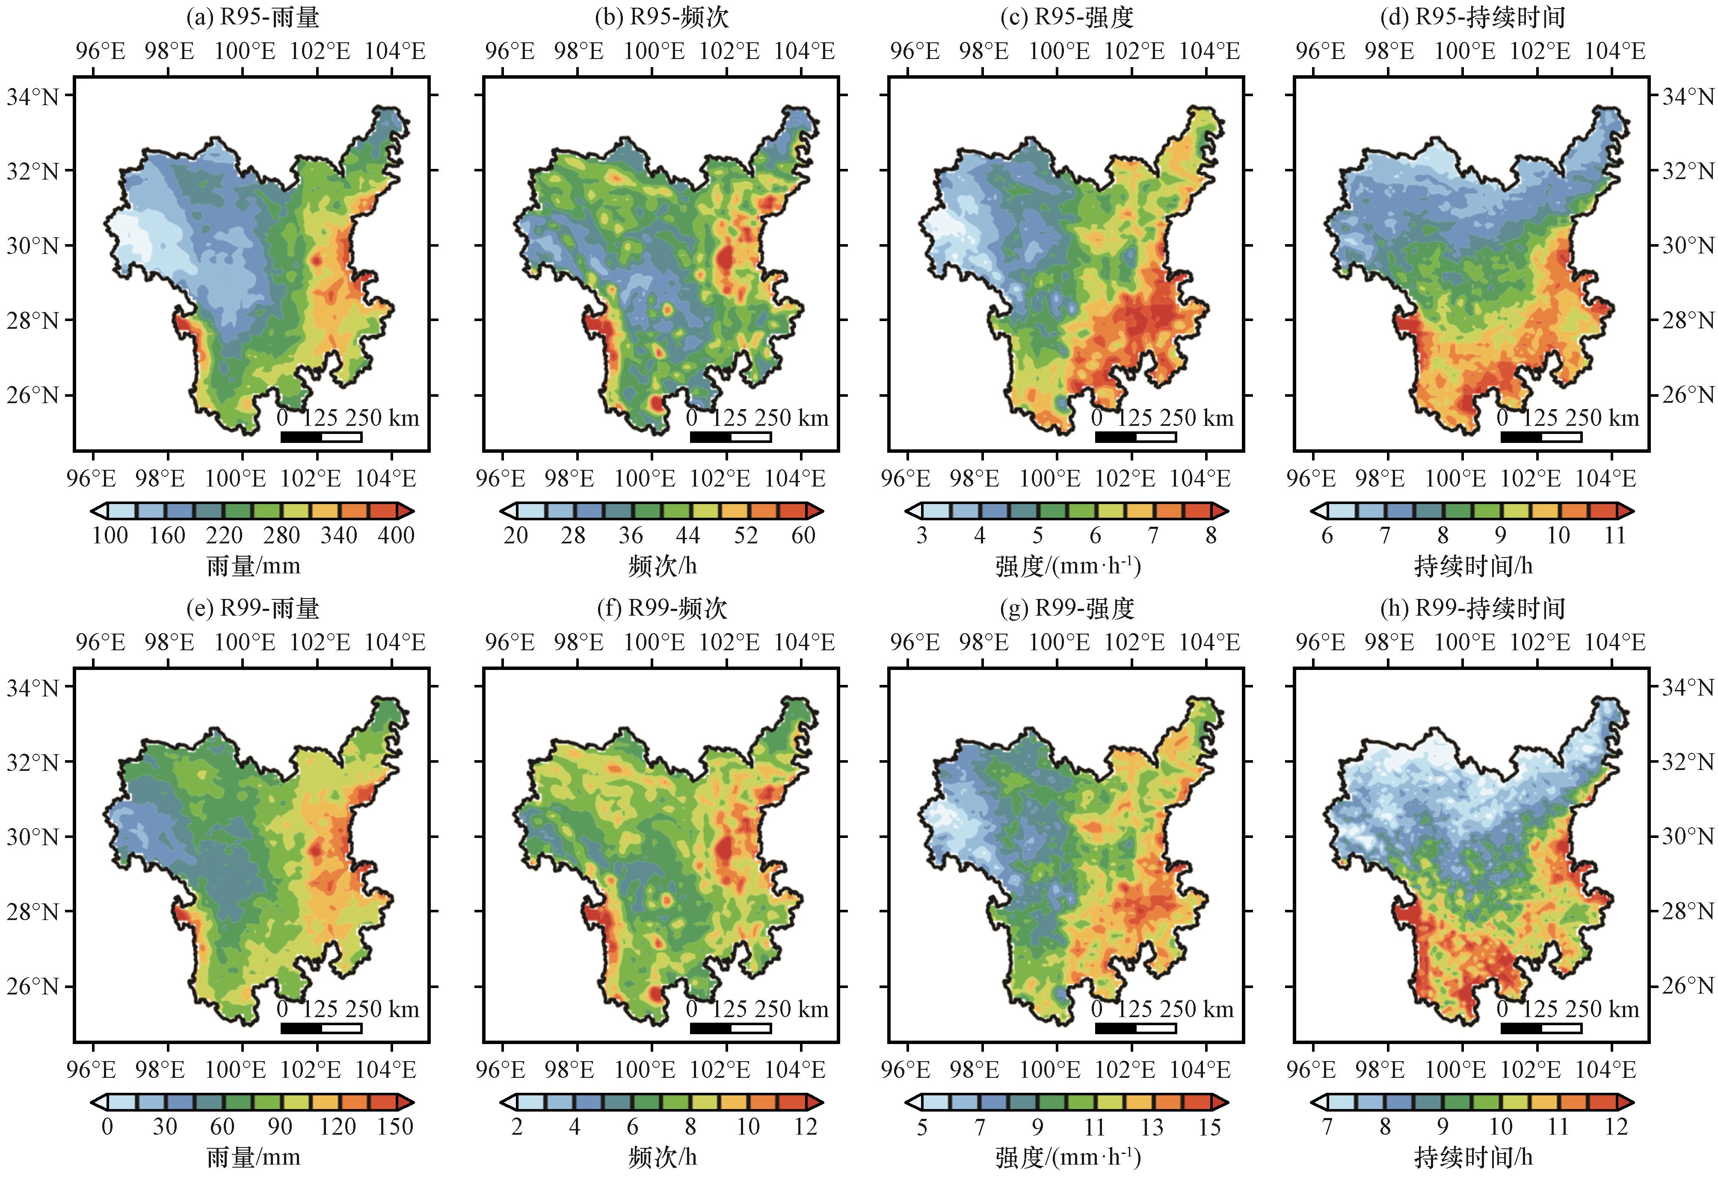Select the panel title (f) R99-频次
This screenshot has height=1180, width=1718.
[662, 608]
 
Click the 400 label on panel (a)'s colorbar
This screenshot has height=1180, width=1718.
[396, 535]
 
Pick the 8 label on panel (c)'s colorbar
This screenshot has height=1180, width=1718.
[1211, 535]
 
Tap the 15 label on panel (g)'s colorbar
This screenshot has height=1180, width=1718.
[1209, 1127]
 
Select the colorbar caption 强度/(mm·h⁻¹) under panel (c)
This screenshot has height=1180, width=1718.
[1067, 566]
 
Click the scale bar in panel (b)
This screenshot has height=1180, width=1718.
[731, 437]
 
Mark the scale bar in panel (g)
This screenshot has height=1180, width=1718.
[1135, 1028]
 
